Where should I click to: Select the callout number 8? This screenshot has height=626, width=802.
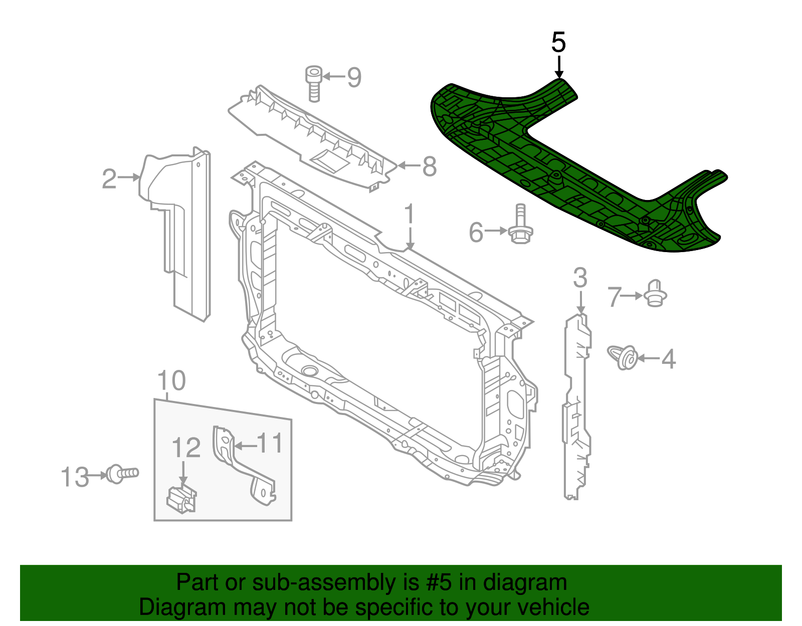(429, 166)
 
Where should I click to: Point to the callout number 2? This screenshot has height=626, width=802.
(109, 179)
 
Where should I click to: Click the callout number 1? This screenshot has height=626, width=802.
(410, 214)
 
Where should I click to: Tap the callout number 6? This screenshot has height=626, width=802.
(476, 232)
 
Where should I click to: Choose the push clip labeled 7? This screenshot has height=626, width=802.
(655, 294)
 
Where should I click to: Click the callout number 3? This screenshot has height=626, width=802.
(580, 278)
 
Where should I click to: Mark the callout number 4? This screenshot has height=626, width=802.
(669, 359)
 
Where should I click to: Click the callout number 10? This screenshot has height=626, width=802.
(171, 381)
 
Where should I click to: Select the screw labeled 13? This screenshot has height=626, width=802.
(121, 474)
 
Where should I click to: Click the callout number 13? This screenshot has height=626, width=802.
(75, 477)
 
